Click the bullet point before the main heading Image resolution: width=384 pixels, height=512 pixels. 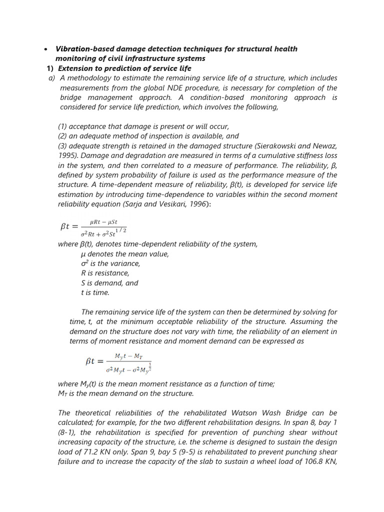[45, 49]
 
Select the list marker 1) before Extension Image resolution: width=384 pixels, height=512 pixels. [49, 68]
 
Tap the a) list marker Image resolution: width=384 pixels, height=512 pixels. [51, 78]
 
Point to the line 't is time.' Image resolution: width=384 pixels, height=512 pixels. [94, 292]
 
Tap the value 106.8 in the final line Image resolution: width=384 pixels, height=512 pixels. [314, 461]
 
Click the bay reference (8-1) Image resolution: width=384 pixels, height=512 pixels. [67, 432]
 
